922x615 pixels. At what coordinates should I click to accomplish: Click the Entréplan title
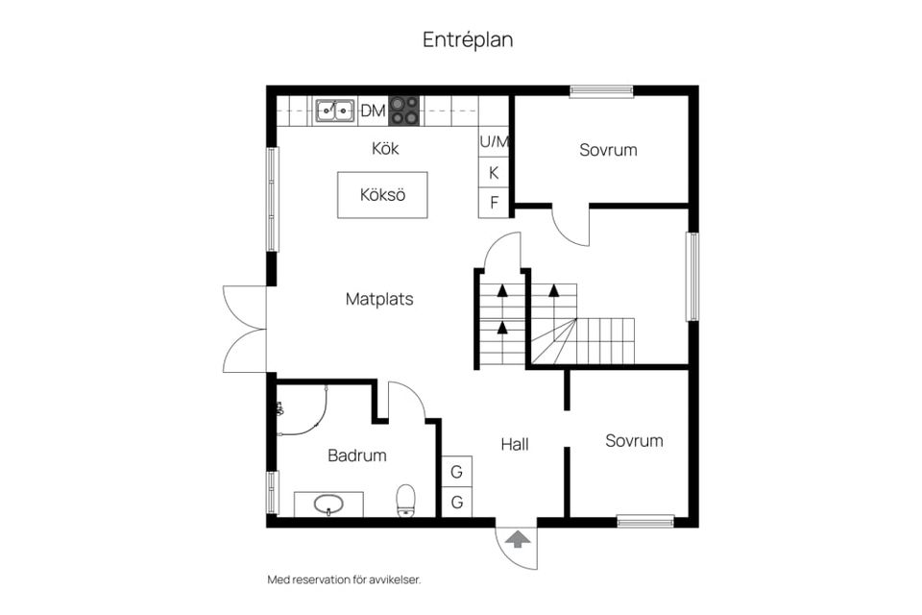coord(468,40)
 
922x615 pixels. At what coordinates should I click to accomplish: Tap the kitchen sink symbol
coord(335,111)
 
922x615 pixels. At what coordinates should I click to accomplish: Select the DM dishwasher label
coord(373,111)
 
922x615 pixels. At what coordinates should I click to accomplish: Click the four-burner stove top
coord(404,111)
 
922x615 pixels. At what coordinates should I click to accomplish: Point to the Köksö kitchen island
coord(382,195)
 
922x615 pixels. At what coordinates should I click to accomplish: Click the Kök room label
coord(385,148)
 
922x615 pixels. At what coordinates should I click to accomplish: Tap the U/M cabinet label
coord(494,142)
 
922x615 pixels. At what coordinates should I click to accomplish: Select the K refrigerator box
coord(494,172)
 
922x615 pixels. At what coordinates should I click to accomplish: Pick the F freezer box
coord(494,203)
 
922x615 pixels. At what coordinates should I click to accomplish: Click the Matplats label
coord(379,299)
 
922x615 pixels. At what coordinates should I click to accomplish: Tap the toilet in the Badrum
coord(405,501)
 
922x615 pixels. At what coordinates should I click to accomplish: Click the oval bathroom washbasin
coord(328,504)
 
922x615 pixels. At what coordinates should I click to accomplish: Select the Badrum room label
coord(357,455)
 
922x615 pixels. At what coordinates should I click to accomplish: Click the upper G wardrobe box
coord(457,472)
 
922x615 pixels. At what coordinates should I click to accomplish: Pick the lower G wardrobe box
coord(457,502)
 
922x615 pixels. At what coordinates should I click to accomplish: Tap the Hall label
coord(515,444)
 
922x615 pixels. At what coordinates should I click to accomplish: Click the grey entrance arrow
coord(518,539)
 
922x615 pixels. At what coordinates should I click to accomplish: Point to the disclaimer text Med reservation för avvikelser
coord(344,579)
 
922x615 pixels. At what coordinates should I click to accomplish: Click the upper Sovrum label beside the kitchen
coord(608,150)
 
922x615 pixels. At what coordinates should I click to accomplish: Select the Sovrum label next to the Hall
coord(634,441)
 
